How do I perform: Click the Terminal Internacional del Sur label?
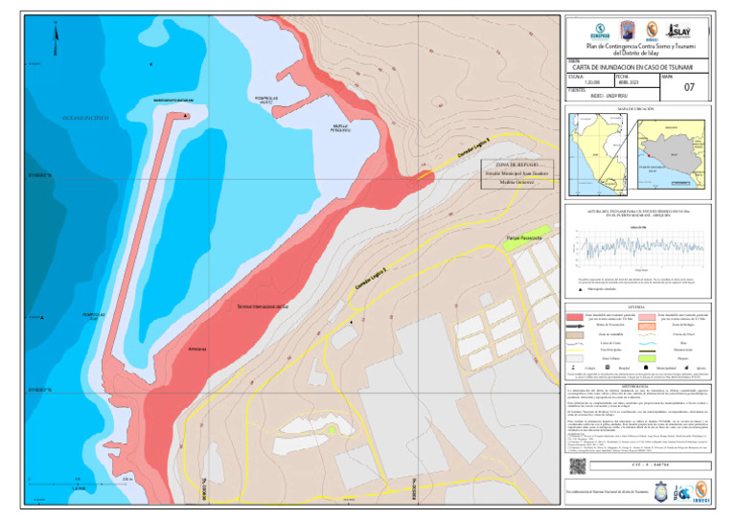coord(263,306)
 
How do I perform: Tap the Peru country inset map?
coord(607,148)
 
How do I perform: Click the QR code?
coord(577,465)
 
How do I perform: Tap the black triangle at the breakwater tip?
coord(185,116)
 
